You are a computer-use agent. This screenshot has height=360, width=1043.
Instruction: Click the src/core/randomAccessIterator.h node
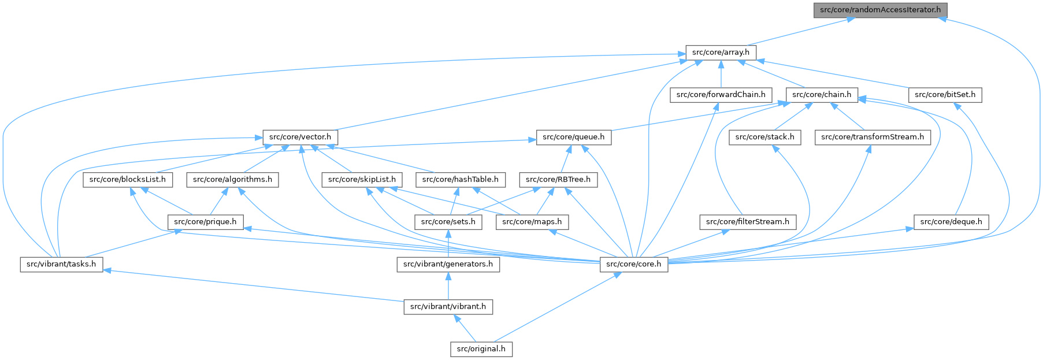[x=880, y=10]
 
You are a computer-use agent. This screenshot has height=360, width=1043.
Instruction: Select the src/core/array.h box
[x=721, y=52]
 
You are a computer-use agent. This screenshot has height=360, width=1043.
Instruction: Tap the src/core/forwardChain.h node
[x=721, y=95]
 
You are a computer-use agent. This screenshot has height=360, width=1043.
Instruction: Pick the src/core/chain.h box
[x=822, y=95]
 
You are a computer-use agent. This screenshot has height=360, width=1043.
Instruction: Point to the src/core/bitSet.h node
[x=945, y=95]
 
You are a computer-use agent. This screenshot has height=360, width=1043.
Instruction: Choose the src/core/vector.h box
[x=300, y=137]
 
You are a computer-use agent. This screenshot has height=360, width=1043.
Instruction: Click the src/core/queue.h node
[x=573, y=137]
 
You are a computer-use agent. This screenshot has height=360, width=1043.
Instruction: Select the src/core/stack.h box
[x=764, y=137]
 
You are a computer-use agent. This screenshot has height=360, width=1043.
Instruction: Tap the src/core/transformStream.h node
[x=872, y=137]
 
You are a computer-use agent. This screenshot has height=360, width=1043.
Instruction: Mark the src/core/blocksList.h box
[x=128, y=180]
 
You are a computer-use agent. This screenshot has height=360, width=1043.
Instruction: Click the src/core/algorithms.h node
[x=232, y=180]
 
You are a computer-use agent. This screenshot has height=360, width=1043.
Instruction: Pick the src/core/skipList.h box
[x=362, y=180]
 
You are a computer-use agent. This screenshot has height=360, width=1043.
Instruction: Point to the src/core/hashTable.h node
[x=461, y=180]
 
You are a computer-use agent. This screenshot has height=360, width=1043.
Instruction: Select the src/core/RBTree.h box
[x=558, y=180]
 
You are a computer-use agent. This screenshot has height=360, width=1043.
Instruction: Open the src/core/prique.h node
[x=206, y=222]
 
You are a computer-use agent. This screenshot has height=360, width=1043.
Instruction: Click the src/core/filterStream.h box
[x=748, y=222]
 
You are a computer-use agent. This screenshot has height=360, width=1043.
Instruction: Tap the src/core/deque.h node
[x=951, y=222]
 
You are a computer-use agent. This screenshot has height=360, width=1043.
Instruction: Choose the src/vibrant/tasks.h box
[x=61, y=264]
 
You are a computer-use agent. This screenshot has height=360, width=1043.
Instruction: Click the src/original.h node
[x=481, y=349]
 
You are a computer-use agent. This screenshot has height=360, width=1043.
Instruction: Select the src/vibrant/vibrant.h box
[x=448, y=307]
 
